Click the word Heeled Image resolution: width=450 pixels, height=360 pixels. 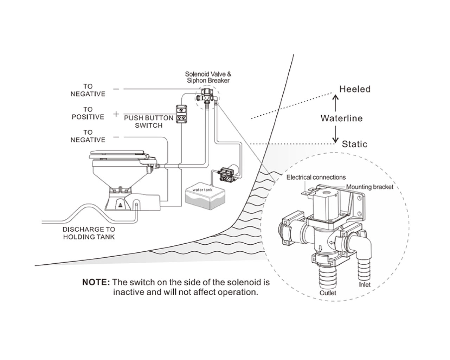coord(355,89)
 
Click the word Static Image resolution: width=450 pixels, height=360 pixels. coord(354,144)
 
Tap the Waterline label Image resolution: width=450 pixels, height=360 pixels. coord(341,118)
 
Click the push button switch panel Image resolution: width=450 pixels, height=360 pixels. coord(182,114)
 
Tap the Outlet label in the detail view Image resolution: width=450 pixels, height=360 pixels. coord(328,293)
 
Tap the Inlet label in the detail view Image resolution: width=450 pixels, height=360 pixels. coord(365,284)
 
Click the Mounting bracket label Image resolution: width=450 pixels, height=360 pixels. coord(369,187)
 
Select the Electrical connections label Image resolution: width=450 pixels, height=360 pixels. coord(316,177)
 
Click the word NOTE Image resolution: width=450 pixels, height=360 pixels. coord(96,282)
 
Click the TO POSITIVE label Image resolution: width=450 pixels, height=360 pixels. coord(88,113)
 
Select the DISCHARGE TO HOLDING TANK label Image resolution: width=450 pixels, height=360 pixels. coord(89,233)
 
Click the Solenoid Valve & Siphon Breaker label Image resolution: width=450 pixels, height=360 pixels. coord(208,77)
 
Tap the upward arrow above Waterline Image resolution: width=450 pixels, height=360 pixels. coord(335,103)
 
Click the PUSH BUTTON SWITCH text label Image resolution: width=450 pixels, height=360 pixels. coord(149,122)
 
